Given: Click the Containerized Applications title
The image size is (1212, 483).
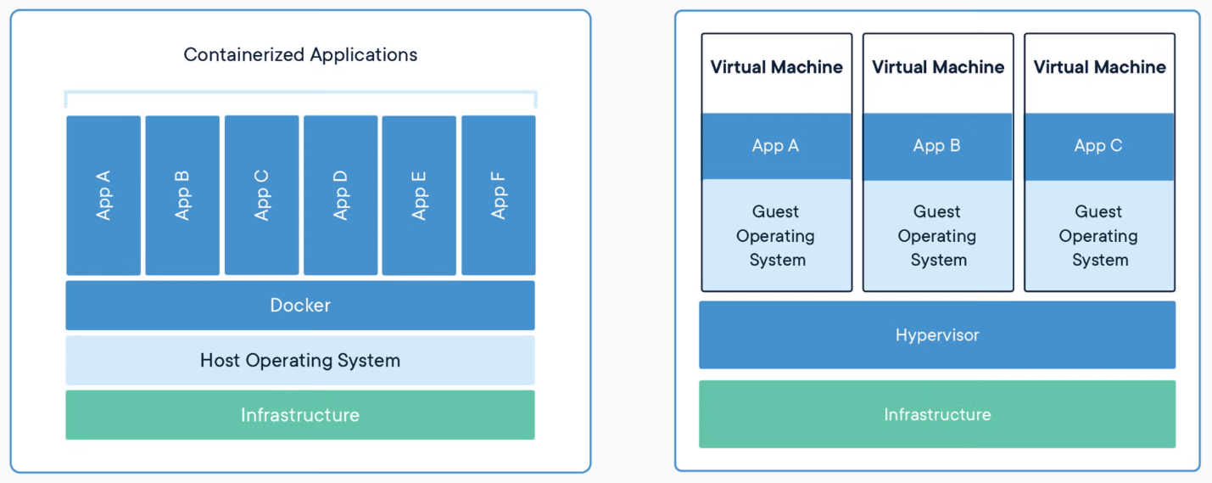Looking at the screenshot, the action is pyautogui.click(x=300, y=54).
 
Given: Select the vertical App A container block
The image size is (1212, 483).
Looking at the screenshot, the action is pyautogui.click(x=103, y=195).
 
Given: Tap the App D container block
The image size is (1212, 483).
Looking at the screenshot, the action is pyautogui.click(x=340, y=195).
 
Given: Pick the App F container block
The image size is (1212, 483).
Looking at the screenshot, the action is pyautogui.click(x=499, y=195).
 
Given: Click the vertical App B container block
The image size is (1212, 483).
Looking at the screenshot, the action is pyautogui.click(x=182, y=195).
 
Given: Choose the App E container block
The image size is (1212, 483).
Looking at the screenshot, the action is pyautogui.click(x=419, y=195).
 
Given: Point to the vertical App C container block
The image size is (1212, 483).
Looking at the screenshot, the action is pyautogui.click(x=261, y=195).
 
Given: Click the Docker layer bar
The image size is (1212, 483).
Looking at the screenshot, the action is pyautogui.click(x=300, y=306).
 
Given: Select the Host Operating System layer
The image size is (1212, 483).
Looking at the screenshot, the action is pyautogui.click(x=300, y=360).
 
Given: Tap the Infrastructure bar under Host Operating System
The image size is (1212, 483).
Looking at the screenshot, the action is pyautogui.click(x=300, y=415).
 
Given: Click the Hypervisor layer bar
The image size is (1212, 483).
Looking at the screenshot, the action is pyautogui.click(x=937, y=335).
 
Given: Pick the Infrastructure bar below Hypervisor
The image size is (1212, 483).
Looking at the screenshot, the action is pyautogui.click(x=937, y=414).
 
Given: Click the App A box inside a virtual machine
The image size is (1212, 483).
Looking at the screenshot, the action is pyautogui.click(x=776, y=146).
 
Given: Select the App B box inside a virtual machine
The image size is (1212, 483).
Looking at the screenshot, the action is pyautogui.click(x=937, y=146).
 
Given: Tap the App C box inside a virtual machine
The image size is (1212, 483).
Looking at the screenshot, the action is pyautogui.click(x=1099, y=146).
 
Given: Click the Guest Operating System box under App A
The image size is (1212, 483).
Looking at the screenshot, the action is pyautogui.click(x=776, y=235).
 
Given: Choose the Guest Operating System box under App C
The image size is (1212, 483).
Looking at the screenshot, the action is pyautogui.click(x=1099, y=235).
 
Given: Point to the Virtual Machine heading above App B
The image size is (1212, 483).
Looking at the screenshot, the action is pyautogui.click(x=938, y=67).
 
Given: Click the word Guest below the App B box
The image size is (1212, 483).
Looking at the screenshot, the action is pyautogui.click(x=937, y=211).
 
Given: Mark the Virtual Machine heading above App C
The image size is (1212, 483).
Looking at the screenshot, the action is pyautogui.click(x=1099, y=67).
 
